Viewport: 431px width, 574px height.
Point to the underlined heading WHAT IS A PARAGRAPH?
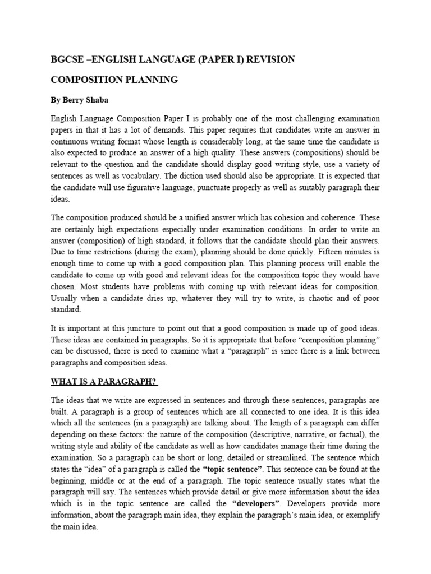tap(104, 382)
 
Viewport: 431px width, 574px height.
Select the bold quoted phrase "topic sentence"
tap(231, 469)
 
